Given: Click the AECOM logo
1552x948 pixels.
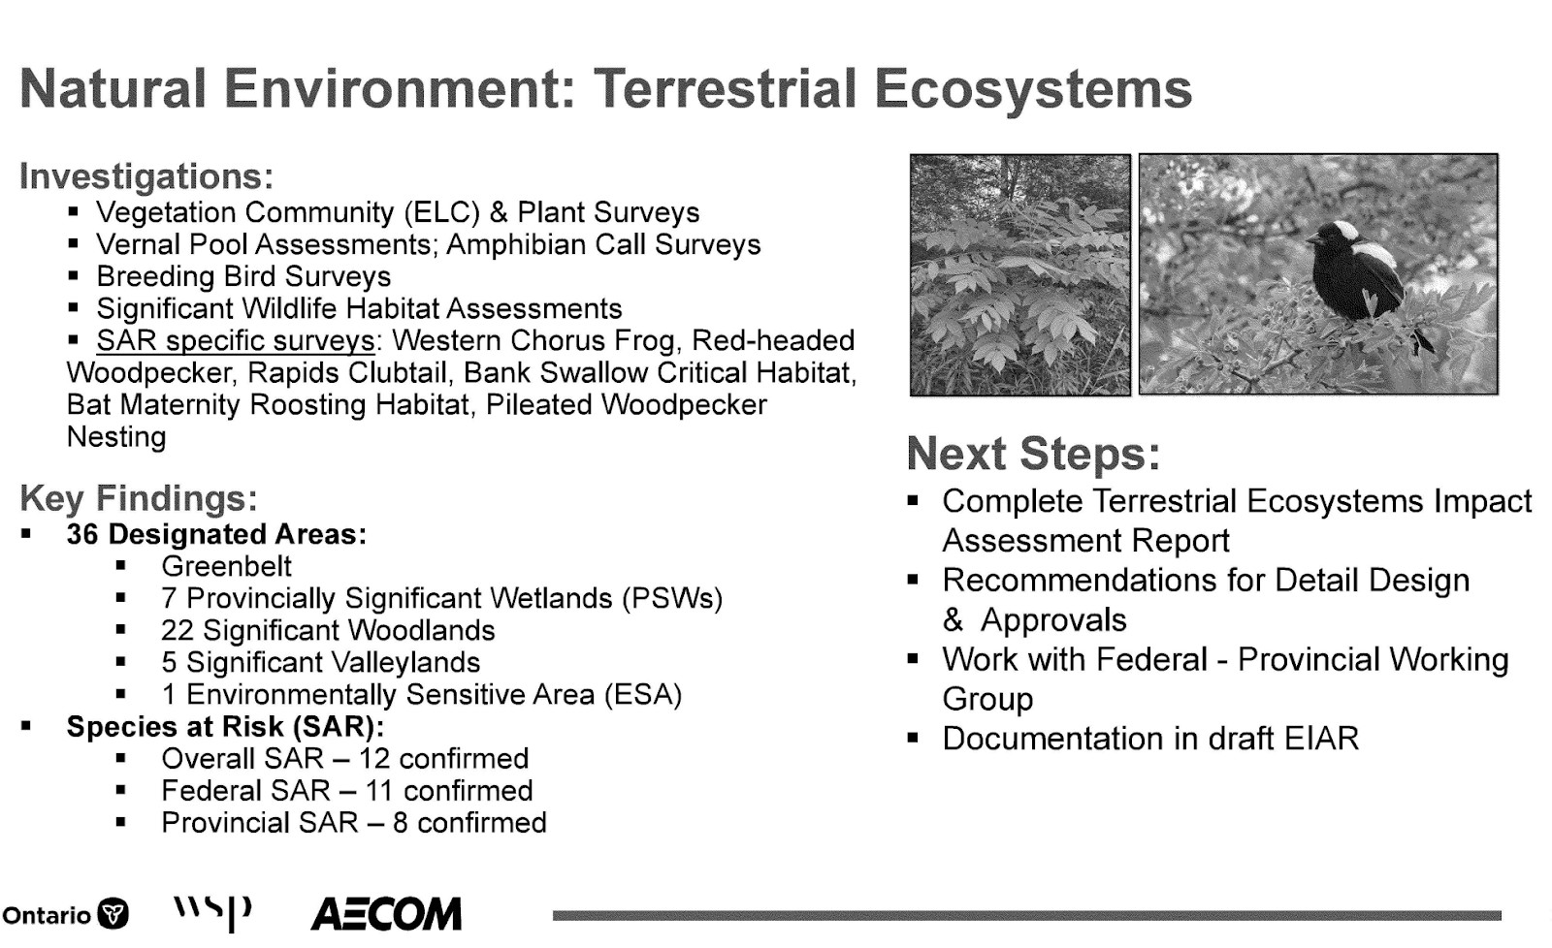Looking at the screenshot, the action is pyautogui.click(x=386, y=914).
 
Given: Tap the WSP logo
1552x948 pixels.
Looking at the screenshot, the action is pyautogui.click(x=212, y=913).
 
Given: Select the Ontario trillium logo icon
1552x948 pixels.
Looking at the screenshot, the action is pyautogui.click(x=113, y=914).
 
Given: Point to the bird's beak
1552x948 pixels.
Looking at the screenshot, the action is pyautogui.click(x=1312, y=240).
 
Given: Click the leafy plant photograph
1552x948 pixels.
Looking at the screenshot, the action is pyautogui.click(x=1019, y=275).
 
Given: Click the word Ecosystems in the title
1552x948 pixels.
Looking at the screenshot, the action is pyautogui.click(x=1032, y=90).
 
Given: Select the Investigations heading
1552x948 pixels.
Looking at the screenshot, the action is pyautogui.click(x=146, y=176).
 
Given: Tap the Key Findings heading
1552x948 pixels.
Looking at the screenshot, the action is pyautogui.click(x=139, y=498).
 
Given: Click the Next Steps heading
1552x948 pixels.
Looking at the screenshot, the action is pyautogui.click(x=1033, y=455).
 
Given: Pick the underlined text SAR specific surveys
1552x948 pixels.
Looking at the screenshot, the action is pyautogui.click(x=236, y=340).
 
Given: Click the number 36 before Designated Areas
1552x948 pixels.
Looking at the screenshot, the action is pyautogui.click(x=81, y=535).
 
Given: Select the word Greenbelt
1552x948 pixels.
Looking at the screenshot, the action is pyautogui.click(x=227, y=566).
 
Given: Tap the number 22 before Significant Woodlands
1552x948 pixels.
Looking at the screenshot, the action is pyautogui.click(x=177, y=631).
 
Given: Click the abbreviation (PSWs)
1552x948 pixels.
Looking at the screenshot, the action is pyautogui.click(x=672, y=599).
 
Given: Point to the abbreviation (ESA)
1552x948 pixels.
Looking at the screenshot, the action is pyautogui.click(x=643, y=695).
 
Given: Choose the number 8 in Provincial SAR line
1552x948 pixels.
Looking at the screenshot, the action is pyautogui.click(x=400, y=823).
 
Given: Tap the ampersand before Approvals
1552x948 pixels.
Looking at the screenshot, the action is pyautogui.click(x=953, y=620).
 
